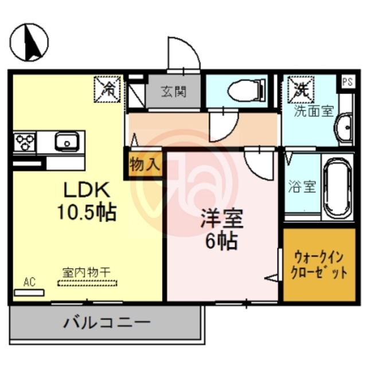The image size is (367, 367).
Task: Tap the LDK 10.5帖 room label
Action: pos(85,201)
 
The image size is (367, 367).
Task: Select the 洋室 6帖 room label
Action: pos(221,230)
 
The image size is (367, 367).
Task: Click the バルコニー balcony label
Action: pos(106,322)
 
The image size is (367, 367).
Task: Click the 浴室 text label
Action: pos(301,186)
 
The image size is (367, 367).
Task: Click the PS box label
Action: pos(348,81)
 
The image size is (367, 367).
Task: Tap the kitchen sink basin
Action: pos(67,141)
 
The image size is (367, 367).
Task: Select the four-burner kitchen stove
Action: pos(25,141)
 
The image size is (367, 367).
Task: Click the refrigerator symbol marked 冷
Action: pos(107,87)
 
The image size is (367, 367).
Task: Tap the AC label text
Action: pos(30,282)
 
